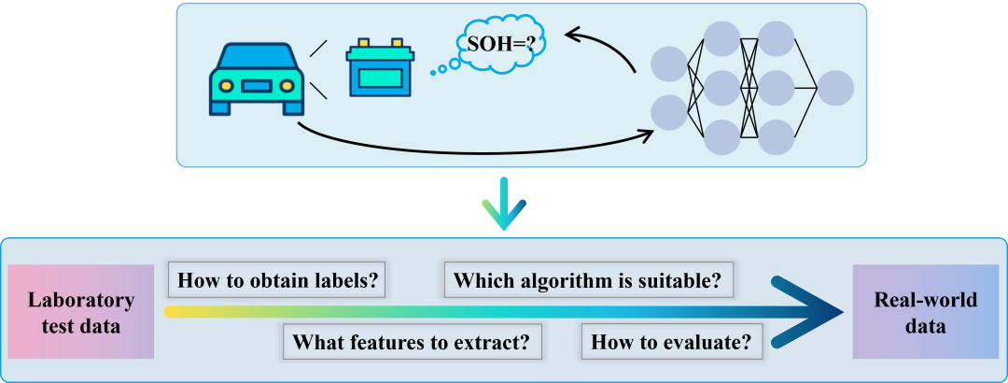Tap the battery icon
(380, 68)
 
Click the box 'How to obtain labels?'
(278, 280)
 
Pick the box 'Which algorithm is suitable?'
(588, 280)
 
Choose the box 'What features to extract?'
(413, 342)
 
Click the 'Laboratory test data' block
(80, 313)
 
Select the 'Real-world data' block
(925, 313)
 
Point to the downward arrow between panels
(502, 207)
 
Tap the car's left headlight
(226, 86)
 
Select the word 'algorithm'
(561, 280)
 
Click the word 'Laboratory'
(80, 301)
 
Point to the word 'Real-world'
(925, 301)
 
